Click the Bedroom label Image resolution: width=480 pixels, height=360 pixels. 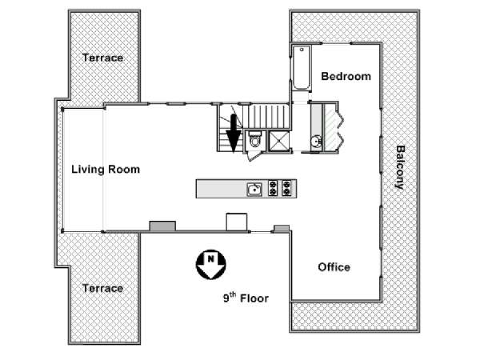pos(346,76)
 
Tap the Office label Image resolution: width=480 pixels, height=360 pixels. pos(334,267)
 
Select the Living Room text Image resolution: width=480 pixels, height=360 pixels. pos(106,170)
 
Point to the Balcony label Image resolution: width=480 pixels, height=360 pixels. pos(401,167)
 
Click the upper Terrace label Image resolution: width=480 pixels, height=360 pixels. pos(103,58)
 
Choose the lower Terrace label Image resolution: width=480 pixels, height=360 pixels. pos(103,288)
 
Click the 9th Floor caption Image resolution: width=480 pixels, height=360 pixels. pos(246,298)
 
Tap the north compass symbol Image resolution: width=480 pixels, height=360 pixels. pos(211,265)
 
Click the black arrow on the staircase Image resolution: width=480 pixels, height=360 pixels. pos(234,133)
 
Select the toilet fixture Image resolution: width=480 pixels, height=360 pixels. pos(254,139)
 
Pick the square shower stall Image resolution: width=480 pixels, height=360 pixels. pos(279,141)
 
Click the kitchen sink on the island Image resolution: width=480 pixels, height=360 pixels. pos(254,190)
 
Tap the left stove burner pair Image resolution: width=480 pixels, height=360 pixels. pos(273,188)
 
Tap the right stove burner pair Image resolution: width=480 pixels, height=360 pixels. pos(286,188)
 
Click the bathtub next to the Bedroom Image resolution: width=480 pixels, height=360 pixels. pos(302,68)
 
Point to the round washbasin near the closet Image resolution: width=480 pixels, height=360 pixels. pos(316,142)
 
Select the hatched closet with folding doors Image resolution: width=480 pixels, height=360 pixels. pos(333,127)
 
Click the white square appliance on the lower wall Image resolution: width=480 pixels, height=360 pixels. pos(237,222)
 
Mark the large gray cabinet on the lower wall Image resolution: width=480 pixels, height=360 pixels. pos(162,226)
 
